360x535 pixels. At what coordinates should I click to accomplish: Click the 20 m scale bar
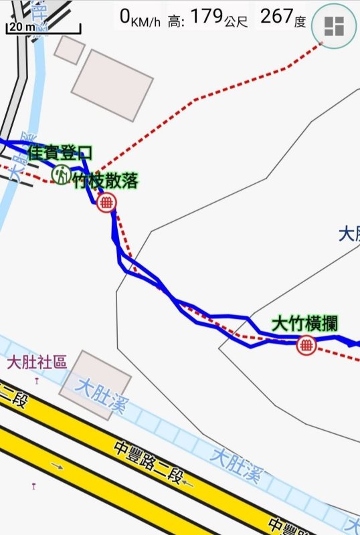coord(43,29)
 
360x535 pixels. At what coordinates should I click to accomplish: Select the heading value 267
coord(275,17)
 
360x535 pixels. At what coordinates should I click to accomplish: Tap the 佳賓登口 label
coord(60,153)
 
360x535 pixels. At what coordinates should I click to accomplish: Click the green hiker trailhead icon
coord(62,175)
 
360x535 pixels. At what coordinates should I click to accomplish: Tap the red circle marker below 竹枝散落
coord(106,202)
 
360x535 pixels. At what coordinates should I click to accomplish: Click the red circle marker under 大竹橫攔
coord(306,345)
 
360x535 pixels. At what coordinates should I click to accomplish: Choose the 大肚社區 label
coord(37,362)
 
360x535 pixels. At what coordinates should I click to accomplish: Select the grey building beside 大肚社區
coord(96,384)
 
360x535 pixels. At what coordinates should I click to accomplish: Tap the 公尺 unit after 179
coord(237,21)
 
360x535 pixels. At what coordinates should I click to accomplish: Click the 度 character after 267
coord(300,21)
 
